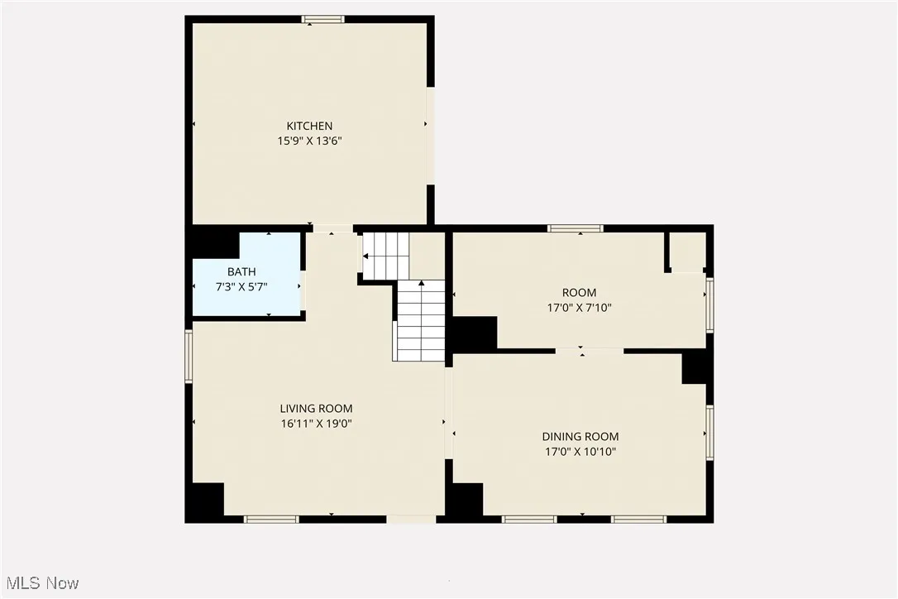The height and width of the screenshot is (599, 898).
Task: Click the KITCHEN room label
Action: [x=309, y=126]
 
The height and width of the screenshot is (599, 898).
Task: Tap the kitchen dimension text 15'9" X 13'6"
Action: [x=309, y=141]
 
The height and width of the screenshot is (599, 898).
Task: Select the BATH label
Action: [x=241, y=271]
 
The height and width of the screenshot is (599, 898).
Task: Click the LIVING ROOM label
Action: [x=316, y=408]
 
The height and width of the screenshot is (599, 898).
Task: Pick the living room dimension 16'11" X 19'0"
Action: [x=316, y=424]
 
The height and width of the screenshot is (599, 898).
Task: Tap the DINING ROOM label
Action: [x=580, y=436]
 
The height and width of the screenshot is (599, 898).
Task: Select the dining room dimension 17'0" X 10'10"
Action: [x=580, y=452]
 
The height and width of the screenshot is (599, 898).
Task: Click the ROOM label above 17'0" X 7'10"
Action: [x=579, y=292]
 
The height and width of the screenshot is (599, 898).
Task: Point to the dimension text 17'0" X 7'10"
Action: [x=579, y=307]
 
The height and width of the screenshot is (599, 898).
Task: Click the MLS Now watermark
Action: [x=41, y=583]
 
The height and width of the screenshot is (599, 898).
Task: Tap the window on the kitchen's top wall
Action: [x=322, y=19]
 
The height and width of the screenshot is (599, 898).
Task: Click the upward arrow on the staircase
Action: [x=422, y=284]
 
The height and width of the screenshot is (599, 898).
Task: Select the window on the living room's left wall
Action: [x=189, y=356]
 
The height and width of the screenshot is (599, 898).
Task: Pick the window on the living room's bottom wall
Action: [x=270, y=519]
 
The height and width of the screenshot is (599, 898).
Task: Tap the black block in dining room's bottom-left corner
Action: [x=467, y=500]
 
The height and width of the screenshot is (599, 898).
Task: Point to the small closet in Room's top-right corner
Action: [x=686, y=252]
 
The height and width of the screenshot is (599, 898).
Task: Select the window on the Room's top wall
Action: [x=576, y=228]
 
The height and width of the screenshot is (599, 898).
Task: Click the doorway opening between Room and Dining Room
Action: [x=589, y=351]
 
